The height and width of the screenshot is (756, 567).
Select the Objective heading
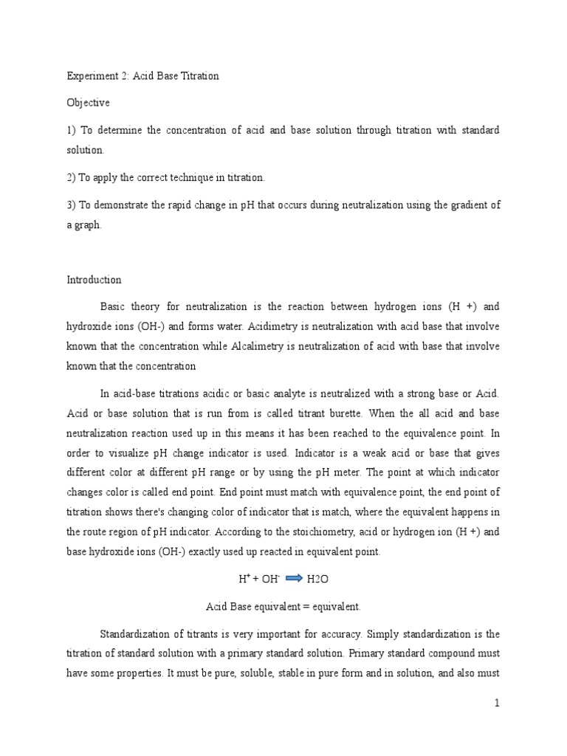click(x=88, y=103)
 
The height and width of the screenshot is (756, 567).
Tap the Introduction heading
click(x=94, y=280)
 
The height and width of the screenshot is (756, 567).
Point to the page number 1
click(x=498, y=704)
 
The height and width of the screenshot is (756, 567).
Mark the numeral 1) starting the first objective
click(x=71, y=130)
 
